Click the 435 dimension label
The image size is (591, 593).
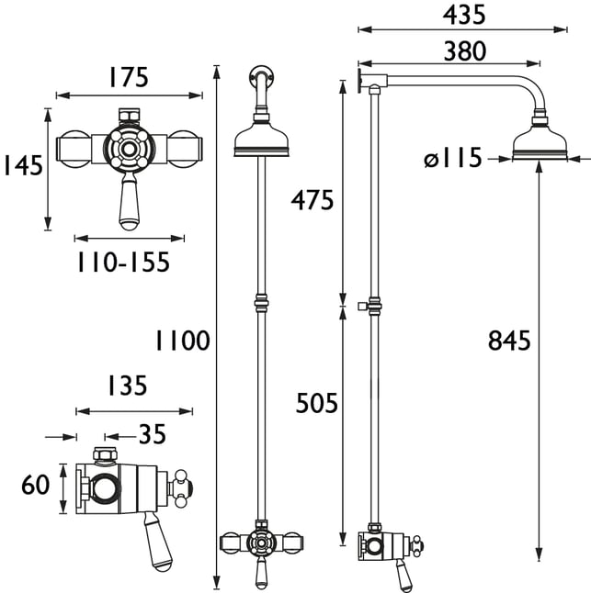point(464,16)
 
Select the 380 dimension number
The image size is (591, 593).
point(464,51)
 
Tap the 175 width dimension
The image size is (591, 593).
point(129,77)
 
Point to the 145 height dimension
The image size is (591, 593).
point(23,165)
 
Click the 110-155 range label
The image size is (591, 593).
point(123,263)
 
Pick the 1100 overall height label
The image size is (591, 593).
point(183,341)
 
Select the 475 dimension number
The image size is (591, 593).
point(313,200)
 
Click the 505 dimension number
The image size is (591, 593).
point(316,403)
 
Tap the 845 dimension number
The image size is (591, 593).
point(509,341)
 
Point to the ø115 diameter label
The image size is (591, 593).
point(453,158)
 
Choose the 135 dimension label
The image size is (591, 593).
point(127,386)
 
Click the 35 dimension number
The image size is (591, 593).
point(153,434)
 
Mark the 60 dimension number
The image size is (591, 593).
point(36,485)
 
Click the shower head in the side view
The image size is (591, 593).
point(540,139)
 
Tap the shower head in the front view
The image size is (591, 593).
point(262,135)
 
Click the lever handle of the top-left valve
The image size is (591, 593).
point(130,201)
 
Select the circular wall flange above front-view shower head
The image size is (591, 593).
point(262,75)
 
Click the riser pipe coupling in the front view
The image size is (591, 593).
point(262,303)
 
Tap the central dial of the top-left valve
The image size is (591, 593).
point(129,149)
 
